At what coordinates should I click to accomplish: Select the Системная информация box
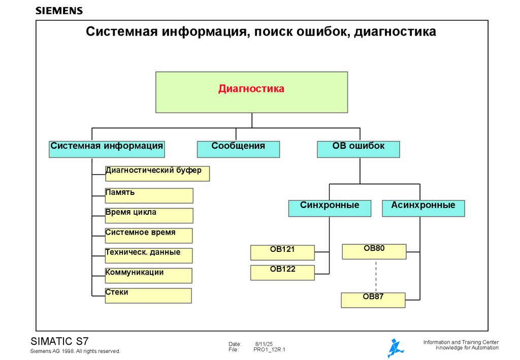click(107, 149)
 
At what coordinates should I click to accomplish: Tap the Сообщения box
click(238, 149)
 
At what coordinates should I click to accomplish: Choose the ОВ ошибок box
click(359, 149)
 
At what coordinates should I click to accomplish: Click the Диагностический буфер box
click(157, 174)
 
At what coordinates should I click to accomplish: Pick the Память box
click(149, 195)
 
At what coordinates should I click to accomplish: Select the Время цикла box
click(149, 215)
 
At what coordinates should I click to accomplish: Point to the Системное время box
click(149, 236)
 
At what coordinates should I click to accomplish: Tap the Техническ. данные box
click(149, 255)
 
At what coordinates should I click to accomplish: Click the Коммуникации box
click(149, 275)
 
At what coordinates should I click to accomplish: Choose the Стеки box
click(148, 296)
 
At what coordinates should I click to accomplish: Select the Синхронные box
click(330, 208)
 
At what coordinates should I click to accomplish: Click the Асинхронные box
click(423, 208)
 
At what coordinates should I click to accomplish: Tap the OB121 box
click(282, 252)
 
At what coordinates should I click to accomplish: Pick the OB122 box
click(282, 273)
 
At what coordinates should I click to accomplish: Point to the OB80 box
click(374, 252)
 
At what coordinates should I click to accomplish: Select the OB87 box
click(373, 300)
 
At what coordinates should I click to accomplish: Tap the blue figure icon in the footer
click(395, 348)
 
